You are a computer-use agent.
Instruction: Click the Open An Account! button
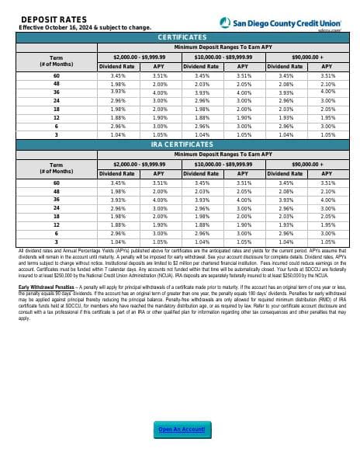coord(182,429)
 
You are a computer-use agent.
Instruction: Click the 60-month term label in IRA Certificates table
coord(56,183)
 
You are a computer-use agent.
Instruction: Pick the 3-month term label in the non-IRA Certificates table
coord(56,134)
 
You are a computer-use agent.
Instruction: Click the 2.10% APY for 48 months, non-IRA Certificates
coord(328,84)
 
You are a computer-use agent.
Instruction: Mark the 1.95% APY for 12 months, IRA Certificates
coord(328,226)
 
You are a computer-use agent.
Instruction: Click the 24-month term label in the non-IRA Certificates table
coord(56,100)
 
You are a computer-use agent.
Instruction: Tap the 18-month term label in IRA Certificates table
coord(56,217)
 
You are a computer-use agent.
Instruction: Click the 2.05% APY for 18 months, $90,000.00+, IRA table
coord(328,217)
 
